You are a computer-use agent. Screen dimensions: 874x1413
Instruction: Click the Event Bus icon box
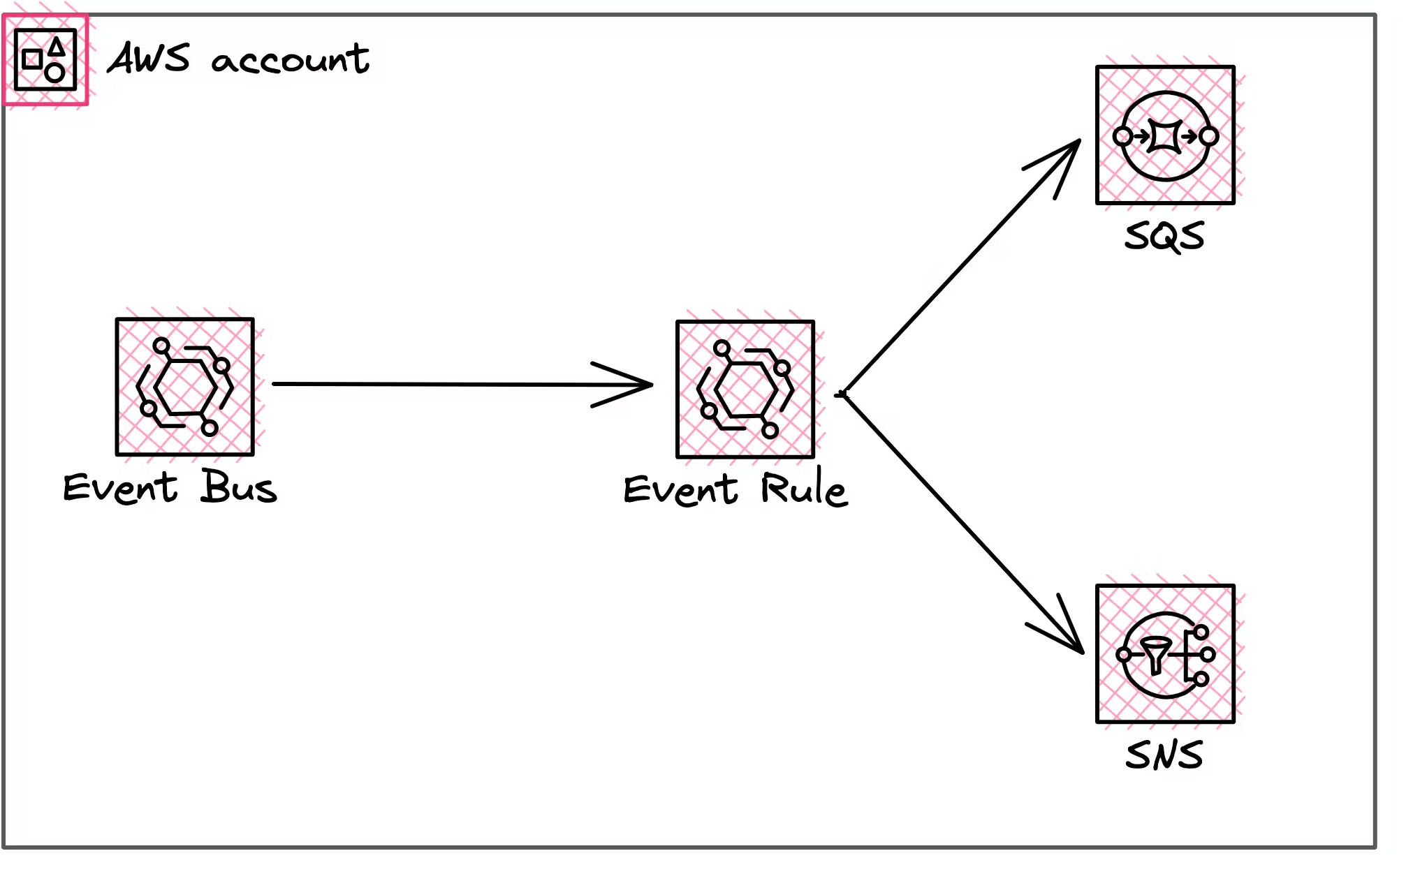(185, 386)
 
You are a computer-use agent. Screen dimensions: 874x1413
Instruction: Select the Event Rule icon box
(745, 389)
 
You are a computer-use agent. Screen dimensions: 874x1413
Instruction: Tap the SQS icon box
(1165, 135)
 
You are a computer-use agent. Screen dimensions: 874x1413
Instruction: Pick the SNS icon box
(1165, 653)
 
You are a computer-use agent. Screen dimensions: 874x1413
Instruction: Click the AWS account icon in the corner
(45, 60)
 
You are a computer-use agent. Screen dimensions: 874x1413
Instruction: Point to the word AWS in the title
(149, 58)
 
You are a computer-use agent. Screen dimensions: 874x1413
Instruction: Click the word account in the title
(290, 60)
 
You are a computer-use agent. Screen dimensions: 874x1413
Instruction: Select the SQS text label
(1164, 236)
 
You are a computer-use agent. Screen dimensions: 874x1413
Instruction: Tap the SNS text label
(1164, 755)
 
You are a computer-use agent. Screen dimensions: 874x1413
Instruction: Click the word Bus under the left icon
(239, 487)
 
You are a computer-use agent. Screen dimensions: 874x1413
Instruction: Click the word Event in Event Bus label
(120, 487)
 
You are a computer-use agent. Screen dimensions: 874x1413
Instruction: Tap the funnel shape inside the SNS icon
(1156, 655)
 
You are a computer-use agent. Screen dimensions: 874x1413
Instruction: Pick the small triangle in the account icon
(57, 47)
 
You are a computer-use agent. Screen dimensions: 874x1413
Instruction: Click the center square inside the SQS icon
(1165, 136)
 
